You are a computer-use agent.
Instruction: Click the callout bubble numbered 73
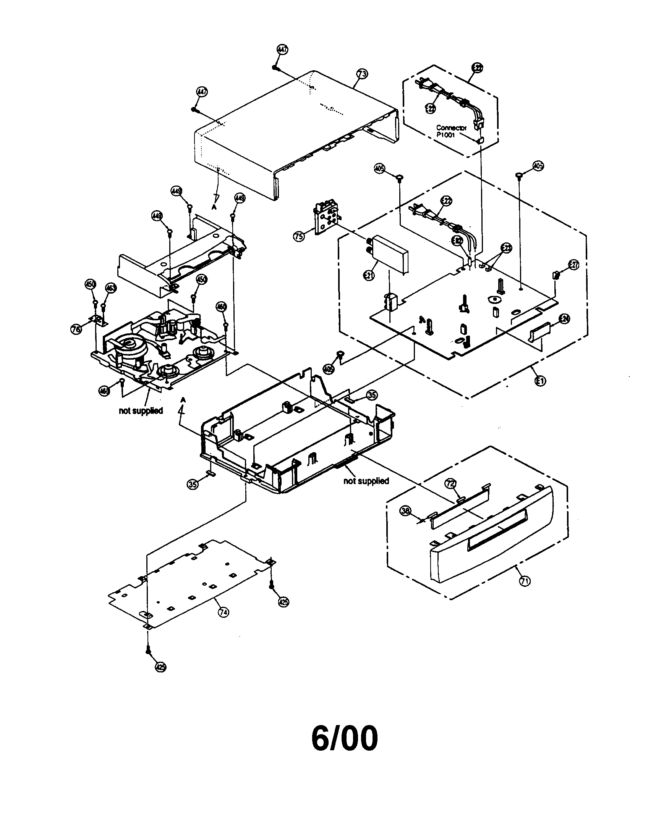tap(362, 73)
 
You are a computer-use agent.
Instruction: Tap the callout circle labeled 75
tap(299, 236)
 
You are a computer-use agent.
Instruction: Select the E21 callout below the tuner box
tap(369, 275)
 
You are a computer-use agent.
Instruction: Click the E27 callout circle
tap(573, 265)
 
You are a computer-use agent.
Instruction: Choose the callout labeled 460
tap(222, 307)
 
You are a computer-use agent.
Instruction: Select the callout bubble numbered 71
tap(525, 581)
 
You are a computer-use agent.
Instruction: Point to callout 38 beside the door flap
tap(406, 511)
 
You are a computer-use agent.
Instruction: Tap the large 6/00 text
tap(344, 740)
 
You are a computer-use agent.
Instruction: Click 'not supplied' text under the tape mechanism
tap(141, 411)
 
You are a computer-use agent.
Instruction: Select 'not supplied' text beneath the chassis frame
tap(366, 481)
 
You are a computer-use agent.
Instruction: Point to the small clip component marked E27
tap(555, 275)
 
